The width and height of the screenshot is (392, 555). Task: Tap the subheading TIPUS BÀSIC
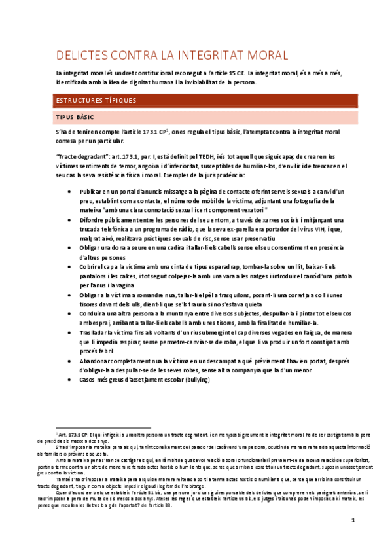(75, 118)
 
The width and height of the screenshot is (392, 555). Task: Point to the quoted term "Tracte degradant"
(83, 157)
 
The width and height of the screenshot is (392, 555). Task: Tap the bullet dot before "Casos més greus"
(69, 379)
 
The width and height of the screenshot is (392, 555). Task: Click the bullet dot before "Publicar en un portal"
(69, 190)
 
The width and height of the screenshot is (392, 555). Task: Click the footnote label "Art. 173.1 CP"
(77, 434)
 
